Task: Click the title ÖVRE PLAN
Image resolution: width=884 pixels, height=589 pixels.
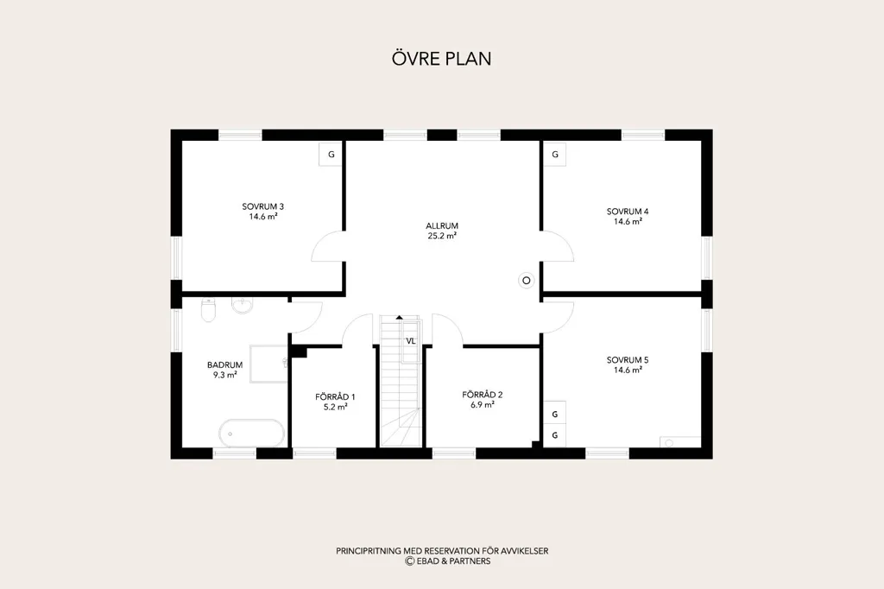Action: pyautogui.click(x=441, y=59)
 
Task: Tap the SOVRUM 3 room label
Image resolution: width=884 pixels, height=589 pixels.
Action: pyautogui.click(x=262, y=206)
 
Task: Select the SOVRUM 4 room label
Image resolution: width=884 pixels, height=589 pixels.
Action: pyautogui.click(x=628, y=212)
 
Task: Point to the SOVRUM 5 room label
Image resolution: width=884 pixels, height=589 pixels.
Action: pyautogui.click(x=628, y=360)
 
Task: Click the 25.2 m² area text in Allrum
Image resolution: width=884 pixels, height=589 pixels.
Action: pyautogui.click(x=442, y=236)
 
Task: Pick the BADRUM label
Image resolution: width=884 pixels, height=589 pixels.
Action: pyautogui.click(x=225, y=365)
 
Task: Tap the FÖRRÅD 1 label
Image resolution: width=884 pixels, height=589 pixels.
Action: pyautogui.click(x=335, y=396)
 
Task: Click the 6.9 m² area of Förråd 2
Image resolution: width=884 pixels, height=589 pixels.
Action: pyautogui.click(x=483, y=404)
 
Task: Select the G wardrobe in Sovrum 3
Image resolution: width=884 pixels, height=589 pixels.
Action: pyautogui.click(x=331, y=154)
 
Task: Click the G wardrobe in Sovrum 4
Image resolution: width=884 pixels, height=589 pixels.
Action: pyautogui.click(x=555, y=154)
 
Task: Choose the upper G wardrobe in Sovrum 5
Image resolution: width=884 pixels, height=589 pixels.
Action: pyautogui.click(x=555, y=414)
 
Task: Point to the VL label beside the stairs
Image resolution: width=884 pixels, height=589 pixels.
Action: pyautogui.click(x=410, y=341)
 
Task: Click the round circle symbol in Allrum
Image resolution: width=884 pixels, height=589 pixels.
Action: pyautogui.click(x=527, y=280)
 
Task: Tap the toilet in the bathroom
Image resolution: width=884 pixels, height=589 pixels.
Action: pyautogui.click(x=209, y=310)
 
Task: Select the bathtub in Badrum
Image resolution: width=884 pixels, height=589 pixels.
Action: pyautogui.click(x=251, y=434)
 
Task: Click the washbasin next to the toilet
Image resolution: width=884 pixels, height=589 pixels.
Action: pyautogui.click(x=243, y=305)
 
